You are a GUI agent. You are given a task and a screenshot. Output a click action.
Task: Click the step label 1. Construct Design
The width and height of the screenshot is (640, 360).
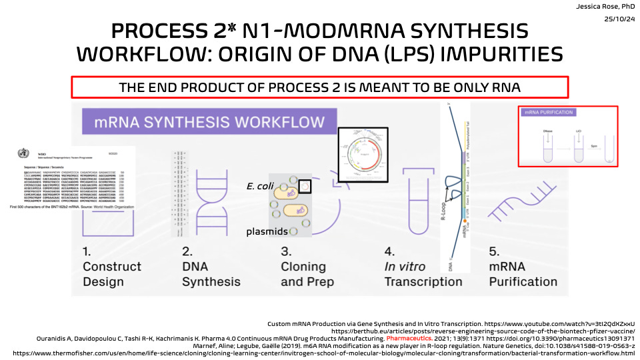111,267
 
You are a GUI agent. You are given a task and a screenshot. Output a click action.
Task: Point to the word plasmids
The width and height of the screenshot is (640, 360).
268,231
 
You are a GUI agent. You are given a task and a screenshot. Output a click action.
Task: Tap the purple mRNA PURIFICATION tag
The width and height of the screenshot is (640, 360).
549,112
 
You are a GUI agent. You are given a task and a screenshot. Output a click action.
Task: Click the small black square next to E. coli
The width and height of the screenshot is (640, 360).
305,187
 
